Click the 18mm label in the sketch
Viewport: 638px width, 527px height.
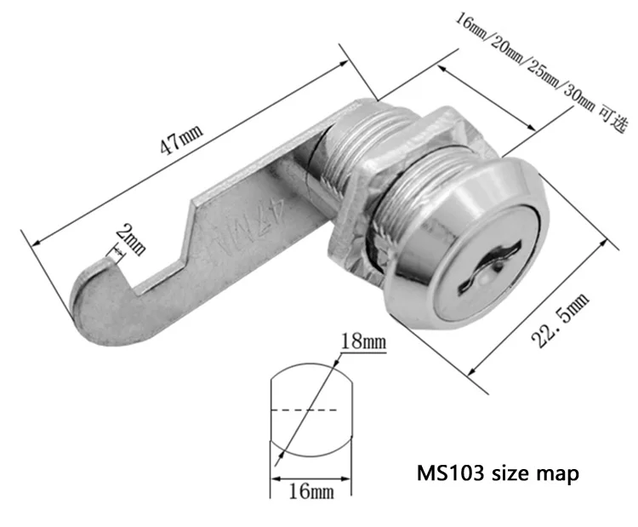click(x=363, y=342)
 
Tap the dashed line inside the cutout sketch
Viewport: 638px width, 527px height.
click(x=310, y=411)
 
